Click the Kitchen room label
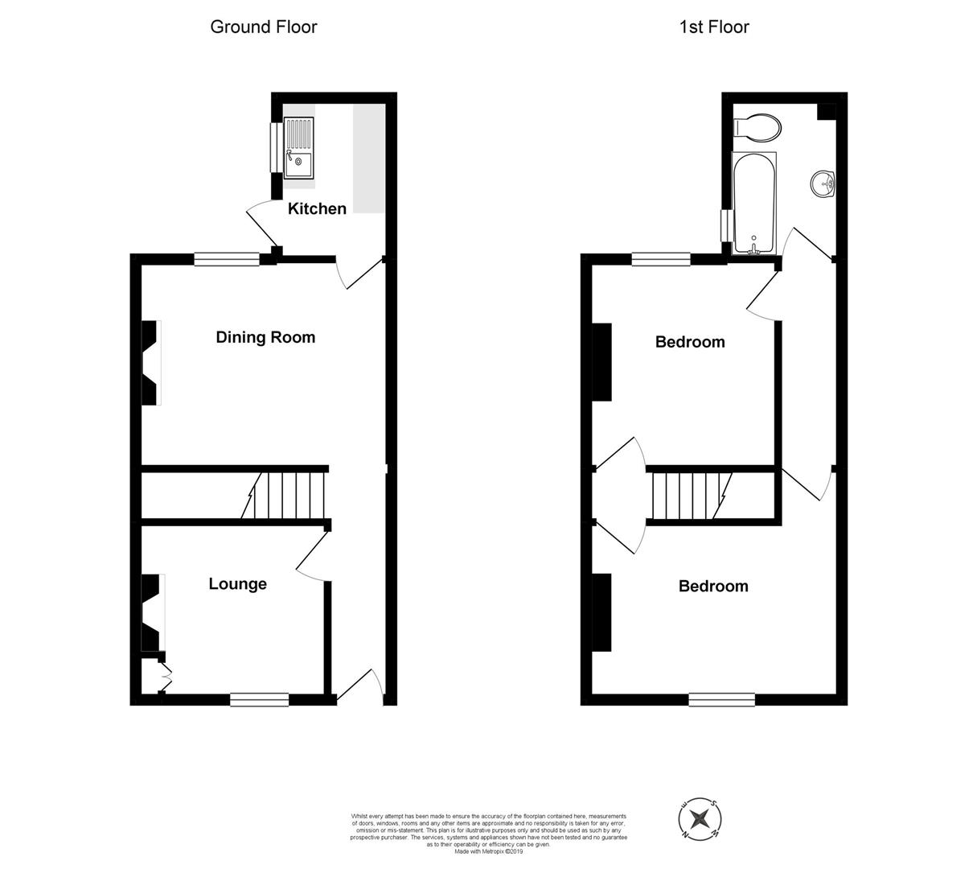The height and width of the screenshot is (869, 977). (317, 208)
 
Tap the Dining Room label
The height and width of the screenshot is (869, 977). (265, 337)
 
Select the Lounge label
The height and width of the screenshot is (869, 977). (237, 584)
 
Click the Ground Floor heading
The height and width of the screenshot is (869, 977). (264, 27)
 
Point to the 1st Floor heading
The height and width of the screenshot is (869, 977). (714, 27)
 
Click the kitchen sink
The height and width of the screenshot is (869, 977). (299, 146)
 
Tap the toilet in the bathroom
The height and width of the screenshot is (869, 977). (758, 127)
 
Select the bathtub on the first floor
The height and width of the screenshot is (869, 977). (754, 202)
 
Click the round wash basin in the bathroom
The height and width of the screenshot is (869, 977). (824, 184)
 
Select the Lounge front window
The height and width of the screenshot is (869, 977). (259, 699)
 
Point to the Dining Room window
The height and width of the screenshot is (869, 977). (227, 258)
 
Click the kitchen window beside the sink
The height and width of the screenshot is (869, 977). (277, 146)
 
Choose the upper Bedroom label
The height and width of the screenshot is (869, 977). (690, 342)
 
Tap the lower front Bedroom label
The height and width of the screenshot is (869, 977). (713, 587)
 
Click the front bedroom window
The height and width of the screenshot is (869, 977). (721, 699)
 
